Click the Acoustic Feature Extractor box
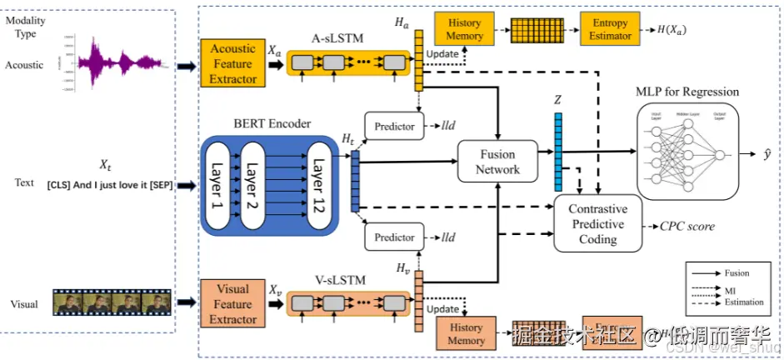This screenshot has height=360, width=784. pos(232,63)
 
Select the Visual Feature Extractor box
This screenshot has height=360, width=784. pos(232,304)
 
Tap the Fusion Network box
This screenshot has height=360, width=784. pos(498,162)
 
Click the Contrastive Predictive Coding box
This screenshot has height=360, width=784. pos(597,224)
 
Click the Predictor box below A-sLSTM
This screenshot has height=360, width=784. pos(394,127)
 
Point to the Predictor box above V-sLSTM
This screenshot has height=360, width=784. pos(394,237)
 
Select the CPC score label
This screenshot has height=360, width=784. pos(687,226)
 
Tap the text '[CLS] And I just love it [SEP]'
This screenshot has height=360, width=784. pos(109,185)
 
